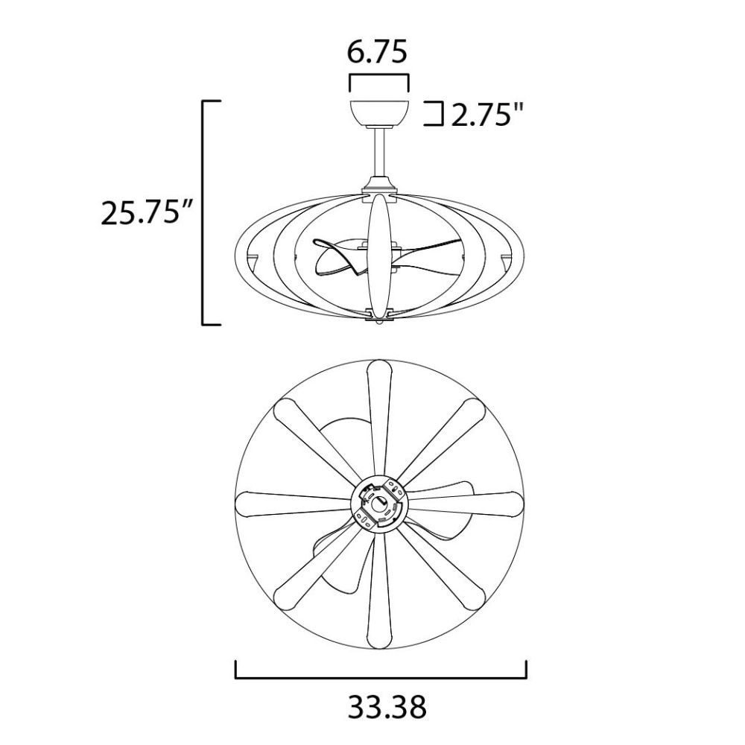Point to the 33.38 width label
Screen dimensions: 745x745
pyautogui.click(x=387, y=707)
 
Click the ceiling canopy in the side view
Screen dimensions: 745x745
pyautogui.click(x=379, y=114)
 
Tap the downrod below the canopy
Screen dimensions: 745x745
pyautogui.click(x=379, y=152)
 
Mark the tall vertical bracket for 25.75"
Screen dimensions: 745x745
pyautogui.click(x=204, y=213)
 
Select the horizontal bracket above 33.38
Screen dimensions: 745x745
pyautogui.click(x=381, y=676)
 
